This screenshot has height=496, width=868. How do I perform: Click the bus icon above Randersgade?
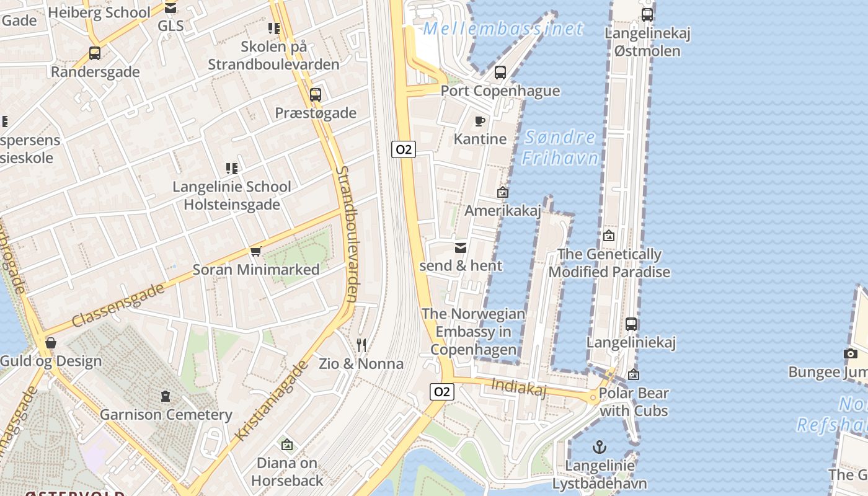[x=95, y=53]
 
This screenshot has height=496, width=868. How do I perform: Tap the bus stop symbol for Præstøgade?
[x=316, y=95]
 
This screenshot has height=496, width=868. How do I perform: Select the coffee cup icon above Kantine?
[x=479, y=121]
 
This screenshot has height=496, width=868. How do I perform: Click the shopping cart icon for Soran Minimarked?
[x=255, y=252]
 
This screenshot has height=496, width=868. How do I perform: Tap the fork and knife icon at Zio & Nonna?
[x=361, y=345]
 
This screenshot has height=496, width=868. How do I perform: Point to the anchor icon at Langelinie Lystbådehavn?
[x=599, y=447]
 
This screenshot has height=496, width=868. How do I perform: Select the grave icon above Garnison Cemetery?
[x=166, y=396]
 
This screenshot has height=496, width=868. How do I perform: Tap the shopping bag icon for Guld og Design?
[x=51, y=343]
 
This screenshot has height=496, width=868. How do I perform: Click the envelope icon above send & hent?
[x=461, y=247]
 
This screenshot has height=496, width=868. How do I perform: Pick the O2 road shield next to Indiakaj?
[x=441, y=391]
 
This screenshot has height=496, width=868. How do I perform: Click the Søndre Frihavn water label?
[x=559, y=148]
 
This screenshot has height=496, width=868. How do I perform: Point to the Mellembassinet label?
[x=503, y=29]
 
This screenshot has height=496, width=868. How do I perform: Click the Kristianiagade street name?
[x=272, y=401]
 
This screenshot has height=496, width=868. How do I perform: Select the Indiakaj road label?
[x=518, y=387]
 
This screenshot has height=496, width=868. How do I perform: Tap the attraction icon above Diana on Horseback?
[x=286, y=445]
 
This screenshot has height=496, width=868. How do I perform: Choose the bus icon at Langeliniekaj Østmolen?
[x=647, y=14]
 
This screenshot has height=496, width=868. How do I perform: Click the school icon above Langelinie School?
[x=232, y=168]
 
